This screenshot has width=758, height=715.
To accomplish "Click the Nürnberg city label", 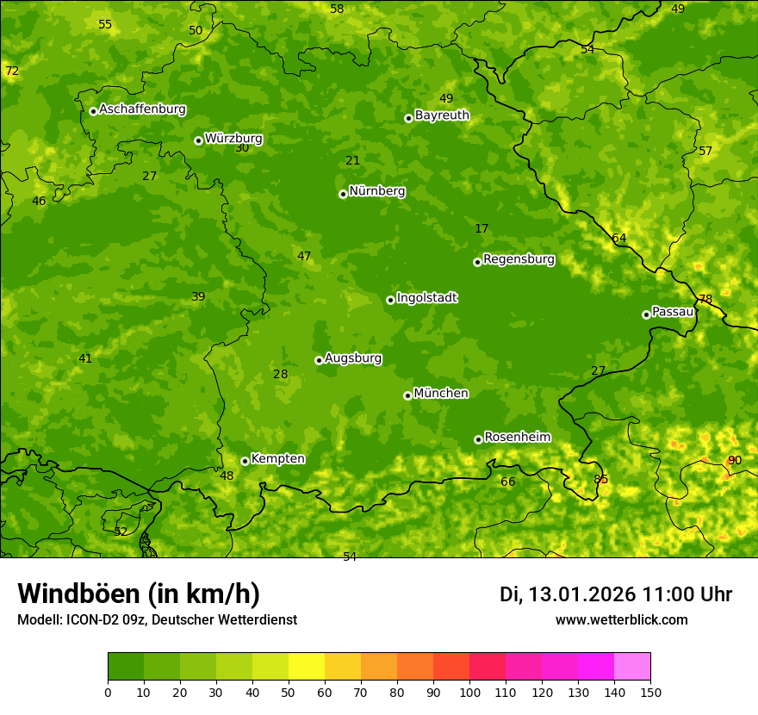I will tap(376, 191).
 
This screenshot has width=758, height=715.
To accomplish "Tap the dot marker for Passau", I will tap(646, 314).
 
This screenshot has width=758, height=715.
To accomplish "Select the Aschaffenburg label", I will tap(142, 109).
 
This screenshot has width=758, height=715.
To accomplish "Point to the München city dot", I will tap(407, 395).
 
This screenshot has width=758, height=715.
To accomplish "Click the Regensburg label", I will tap(519, 259).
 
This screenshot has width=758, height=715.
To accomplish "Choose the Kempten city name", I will tap(277, 459).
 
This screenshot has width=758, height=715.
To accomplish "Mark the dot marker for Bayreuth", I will tap(408, 118).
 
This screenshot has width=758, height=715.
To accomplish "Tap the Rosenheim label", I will tap(517, 438).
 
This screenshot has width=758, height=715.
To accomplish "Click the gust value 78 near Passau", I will tap(705, 300).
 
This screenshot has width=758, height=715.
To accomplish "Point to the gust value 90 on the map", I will tap(735, 460).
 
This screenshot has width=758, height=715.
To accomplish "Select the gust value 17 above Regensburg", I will tap(482, 229).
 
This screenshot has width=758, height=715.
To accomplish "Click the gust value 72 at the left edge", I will tap(12, 71).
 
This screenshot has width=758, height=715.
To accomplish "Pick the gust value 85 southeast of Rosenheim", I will tap(600, 479).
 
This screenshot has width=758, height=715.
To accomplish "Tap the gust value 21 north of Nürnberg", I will tap(352, 160).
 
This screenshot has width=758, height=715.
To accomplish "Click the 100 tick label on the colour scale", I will tap(469, 692).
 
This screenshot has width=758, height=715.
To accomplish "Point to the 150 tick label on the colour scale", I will tap(650, 692).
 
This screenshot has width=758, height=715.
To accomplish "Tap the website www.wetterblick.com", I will tap(621, 619).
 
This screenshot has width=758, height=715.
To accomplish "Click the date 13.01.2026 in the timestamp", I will tap(581, 594).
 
